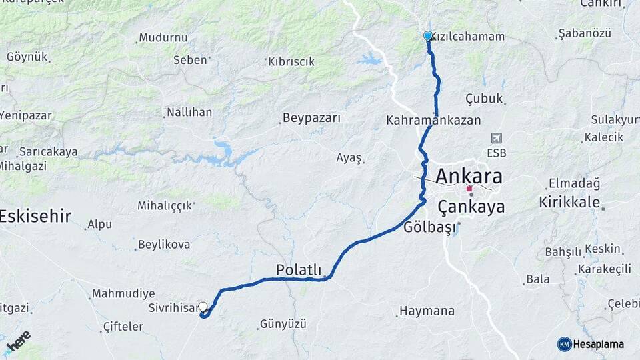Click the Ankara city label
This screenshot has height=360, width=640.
(x=469, y=176)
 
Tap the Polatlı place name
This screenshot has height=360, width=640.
(x=299, y=269)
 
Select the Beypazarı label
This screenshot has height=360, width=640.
(x=311, y=118)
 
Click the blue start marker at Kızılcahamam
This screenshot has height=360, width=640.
(x=428, y=36)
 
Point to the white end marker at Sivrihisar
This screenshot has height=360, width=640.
(x=203, y=307)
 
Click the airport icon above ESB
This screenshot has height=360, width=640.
(x=496, y=138)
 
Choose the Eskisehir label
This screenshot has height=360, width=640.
(x=35, y=215)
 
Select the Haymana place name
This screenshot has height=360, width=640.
(x=427, y=311)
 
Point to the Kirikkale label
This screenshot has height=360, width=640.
(x=570, y=202)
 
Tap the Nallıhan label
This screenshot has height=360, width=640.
(x=189, y=112)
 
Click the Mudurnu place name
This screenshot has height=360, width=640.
(x=163, y=37)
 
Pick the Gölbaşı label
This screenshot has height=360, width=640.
(x=430, y=227)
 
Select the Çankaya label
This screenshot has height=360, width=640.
(x=471, y=207)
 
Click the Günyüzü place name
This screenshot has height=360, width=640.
(x=283, y=324)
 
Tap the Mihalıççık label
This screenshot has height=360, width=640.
(x=165, y=205)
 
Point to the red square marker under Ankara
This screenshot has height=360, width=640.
(x=469, y=189)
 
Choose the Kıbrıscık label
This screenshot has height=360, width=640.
(x=291, y=61)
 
